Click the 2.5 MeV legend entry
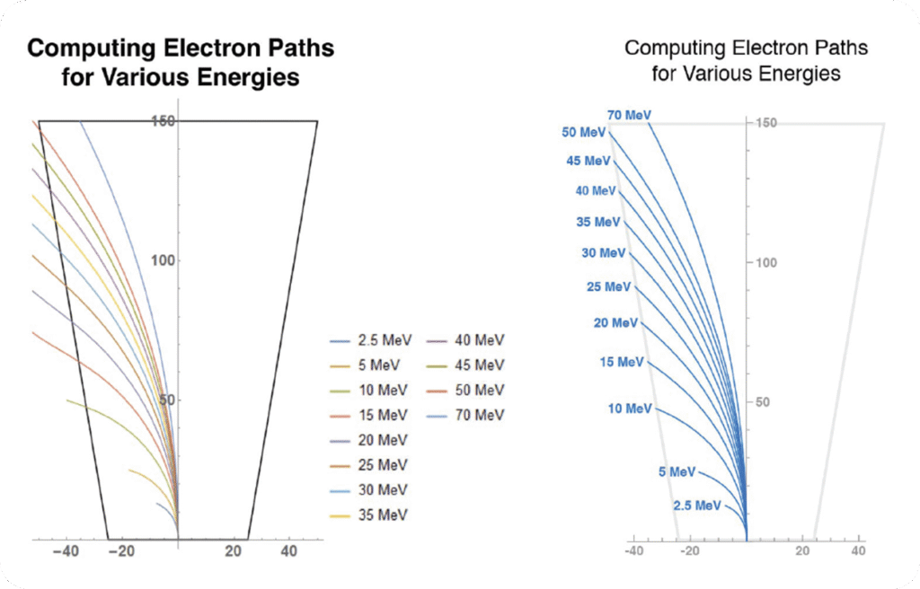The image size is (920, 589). [x=367, y=340]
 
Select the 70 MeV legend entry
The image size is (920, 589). [x=469, y=415]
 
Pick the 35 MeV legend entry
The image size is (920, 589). [x=371, y=514]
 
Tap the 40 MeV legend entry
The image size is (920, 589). [x=469, y=340]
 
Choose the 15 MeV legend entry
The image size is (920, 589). [x=371, y=415]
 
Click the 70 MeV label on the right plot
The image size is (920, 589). [x=629, y=116]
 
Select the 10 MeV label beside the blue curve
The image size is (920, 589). [x=630, y=409]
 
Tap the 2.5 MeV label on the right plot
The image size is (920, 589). [x=696, y=505]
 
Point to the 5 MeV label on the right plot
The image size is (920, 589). [x=677, y=471]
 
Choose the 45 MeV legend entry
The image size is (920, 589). [x=469, y=365]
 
